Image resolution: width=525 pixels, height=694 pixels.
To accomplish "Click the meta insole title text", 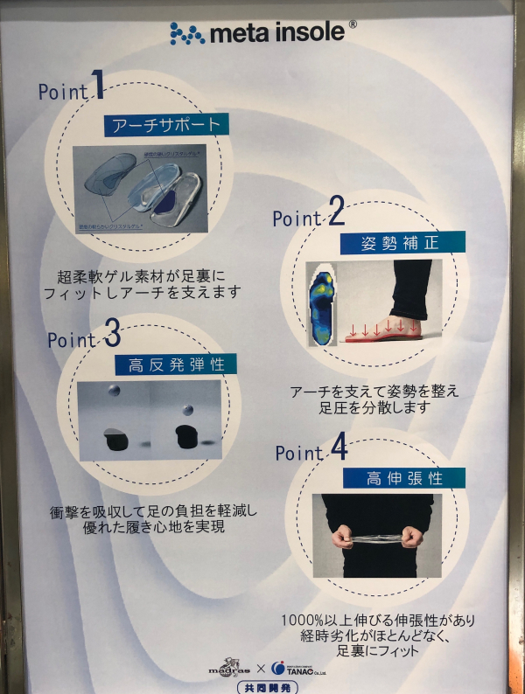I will (x=277, y=33).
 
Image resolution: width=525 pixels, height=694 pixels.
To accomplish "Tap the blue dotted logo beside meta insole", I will (x=186, y=33).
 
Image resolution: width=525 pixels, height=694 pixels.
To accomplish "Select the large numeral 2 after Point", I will (x=334, y=212).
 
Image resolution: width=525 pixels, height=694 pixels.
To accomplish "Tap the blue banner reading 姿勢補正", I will (x=401, y=243).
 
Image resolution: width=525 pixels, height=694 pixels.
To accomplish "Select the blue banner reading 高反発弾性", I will (x=170, y=363).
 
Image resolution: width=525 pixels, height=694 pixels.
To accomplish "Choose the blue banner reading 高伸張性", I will (x=403, y=478).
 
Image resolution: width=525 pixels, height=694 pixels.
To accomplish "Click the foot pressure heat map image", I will (x=321, y=307).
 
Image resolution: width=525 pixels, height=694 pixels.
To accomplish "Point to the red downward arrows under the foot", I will (x=389, y=330).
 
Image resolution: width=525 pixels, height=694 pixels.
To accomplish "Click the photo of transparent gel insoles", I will (x=140, y=188).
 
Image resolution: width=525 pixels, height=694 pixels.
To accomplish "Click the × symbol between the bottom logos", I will (x=260, y=669).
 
